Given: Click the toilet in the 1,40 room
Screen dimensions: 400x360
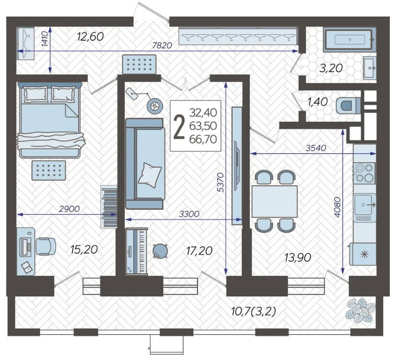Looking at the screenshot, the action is pos(348,105).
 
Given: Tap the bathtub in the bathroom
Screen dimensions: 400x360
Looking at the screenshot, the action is pos(350,40).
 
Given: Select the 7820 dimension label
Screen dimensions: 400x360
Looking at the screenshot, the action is pos(162,46).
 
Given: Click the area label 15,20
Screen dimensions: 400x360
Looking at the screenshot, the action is pos(84,250).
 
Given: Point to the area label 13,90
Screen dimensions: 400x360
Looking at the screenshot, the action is pos(298,258).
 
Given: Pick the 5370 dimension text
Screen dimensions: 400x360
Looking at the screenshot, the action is pos(220,182).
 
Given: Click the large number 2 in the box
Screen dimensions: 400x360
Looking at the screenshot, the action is pos(179,126).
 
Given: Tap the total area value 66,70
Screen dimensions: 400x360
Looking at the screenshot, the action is pos(203,139).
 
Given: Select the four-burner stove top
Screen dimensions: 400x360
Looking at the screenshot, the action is pos(365,173).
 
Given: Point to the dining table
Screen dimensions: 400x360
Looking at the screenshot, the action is pos(274,201).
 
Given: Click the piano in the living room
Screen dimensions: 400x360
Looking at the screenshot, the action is pos(137,252).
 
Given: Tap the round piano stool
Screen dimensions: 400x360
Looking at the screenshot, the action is pos(160,251).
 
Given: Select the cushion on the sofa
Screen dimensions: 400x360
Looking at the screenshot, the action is pos(150,175).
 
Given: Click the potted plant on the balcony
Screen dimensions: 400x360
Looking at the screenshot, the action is pos(361,310).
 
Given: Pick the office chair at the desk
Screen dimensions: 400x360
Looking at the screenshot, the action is pos(46,246).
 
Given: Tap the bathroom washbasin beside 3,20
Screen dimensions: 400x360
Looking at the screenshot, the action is pos(370,68).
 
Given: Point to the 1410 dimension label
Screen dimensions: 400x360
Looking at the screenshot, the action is pos(45,39).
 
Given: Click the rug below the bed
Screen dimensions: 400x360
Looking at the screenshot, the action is pos(49,170).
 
